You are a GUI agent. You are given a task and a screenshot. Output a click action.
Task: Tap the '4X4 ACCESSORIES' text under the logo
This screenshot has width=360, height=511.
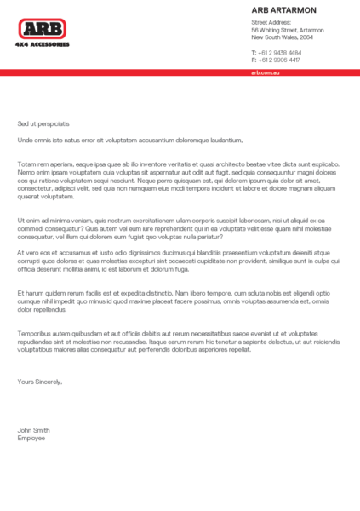point(43,43)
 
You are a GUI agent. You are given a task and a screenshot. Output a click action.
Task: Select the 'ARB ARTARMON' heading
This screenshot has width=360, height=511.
point(283,9)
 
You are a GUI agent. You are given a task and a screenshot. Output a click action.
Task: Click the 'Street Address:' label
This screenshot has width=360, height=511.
point(269,21)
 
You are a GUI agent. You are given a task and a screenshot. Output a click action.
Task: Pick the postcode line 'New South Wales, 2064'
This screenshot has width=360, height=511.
point(282,37)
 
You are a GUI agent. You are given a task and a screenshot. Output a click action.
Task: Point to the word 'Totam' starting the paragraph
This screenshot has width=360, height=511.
point(26,163)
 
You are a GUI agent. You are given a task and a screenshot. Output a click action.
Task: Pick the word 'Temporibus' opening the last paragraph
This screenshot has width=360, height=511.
point(35,333)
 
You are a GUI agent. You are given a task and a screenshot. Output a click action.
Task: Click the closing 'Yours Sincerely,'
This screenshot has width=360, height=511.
point(40,382)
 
